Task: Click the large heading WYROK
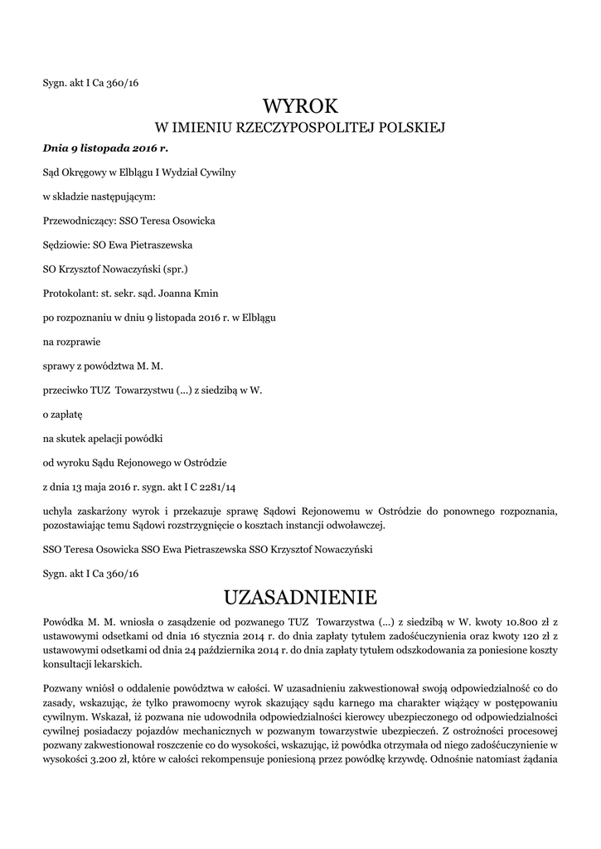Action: tap(300, 106)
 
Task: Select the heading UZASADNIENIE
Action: tap(300, 597)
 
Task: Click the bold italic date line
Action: tap(104, 148)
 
